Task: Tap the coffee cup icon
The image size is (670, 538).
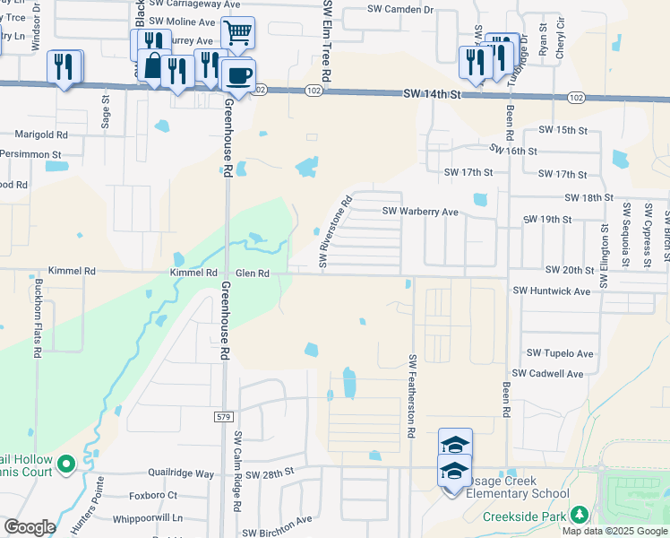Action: point(238,75)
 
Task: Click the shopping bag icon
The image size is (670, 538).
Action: point(154,66)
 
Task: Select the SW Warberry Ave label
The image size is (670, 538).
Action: point(420,212)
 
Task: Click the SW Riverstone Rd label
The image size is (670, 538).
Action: point(336,232)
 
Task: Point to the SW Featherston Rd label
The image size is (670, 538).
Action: point(413,395)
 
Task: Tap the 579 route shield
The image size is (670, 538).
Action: point(224,417)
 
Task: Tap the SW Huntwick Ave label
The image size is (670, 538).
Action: point(552,291)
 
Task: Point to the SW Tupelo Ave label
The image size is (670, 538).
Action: point(560,354)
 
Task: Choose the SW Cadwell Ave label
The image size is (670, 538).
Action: point(547,374)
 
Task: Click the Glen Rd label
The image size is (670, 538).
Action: point(252,273)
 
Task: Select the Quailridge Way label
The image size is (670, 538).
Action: point(182,473)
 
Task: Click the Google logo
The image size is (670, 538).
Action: point(30,527)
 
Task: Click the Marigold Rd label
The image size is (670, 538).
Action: point(41,134)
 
